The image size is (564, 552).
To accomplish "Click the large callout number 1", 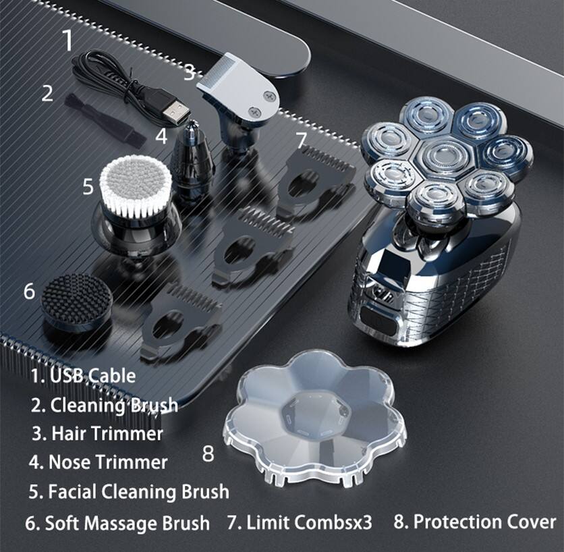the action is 68,40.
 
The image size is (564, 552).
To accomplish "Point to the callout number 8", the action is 208,453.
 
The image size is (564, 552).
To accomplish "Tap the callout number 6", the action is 30,291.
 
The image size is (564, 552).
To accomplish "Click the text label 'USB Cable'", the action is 93,376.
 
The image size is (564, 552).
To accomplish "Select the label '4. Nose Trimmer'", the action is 98,462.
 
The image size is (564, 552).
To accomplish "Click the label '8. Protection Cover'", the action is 475,522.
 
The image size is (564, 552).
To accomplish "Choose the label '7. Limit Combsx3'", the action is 300,522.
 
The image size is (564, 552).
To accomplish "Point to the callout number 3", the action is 189,73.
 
